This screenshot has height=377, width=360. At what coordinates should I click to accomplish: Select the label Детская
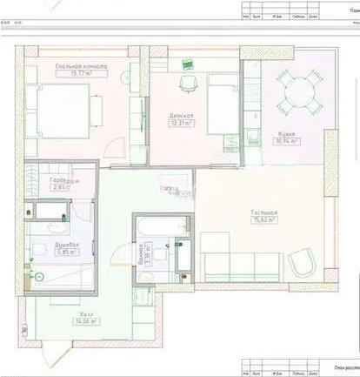[x=182, y=116]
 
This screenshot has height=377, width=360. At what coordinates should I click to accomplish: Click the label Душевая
[x=68, y=246]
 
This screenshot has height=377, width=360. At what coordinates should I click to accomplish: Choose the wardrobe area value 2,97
[x=60, y=186]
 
